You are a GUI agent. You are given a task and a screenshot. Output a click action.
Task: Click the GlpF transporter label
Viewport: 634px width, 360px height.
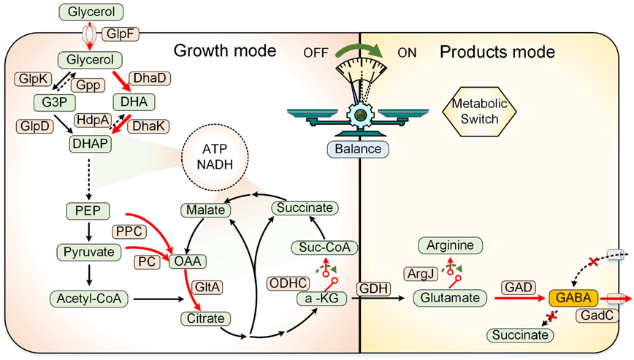click(x=120, y=33)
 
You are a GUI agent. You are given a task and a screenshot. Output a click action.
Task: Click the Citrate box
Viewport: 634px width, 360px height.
click(x=205, y=318)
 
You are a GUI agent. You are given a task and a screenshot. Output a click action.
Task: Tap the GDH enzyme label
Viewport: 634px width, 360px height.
click(x=371, y=288)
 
